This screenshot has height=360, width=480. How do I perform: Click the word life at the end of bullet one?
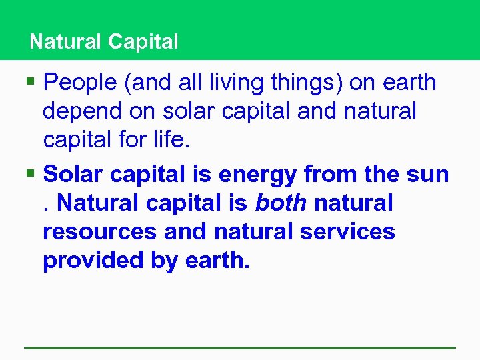(x=172, y=141)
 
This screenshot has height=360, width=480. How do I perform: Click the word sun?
(x=428, y=175)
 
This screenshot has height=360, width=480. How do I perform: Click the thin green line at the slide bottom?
(x=240, y=347)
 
